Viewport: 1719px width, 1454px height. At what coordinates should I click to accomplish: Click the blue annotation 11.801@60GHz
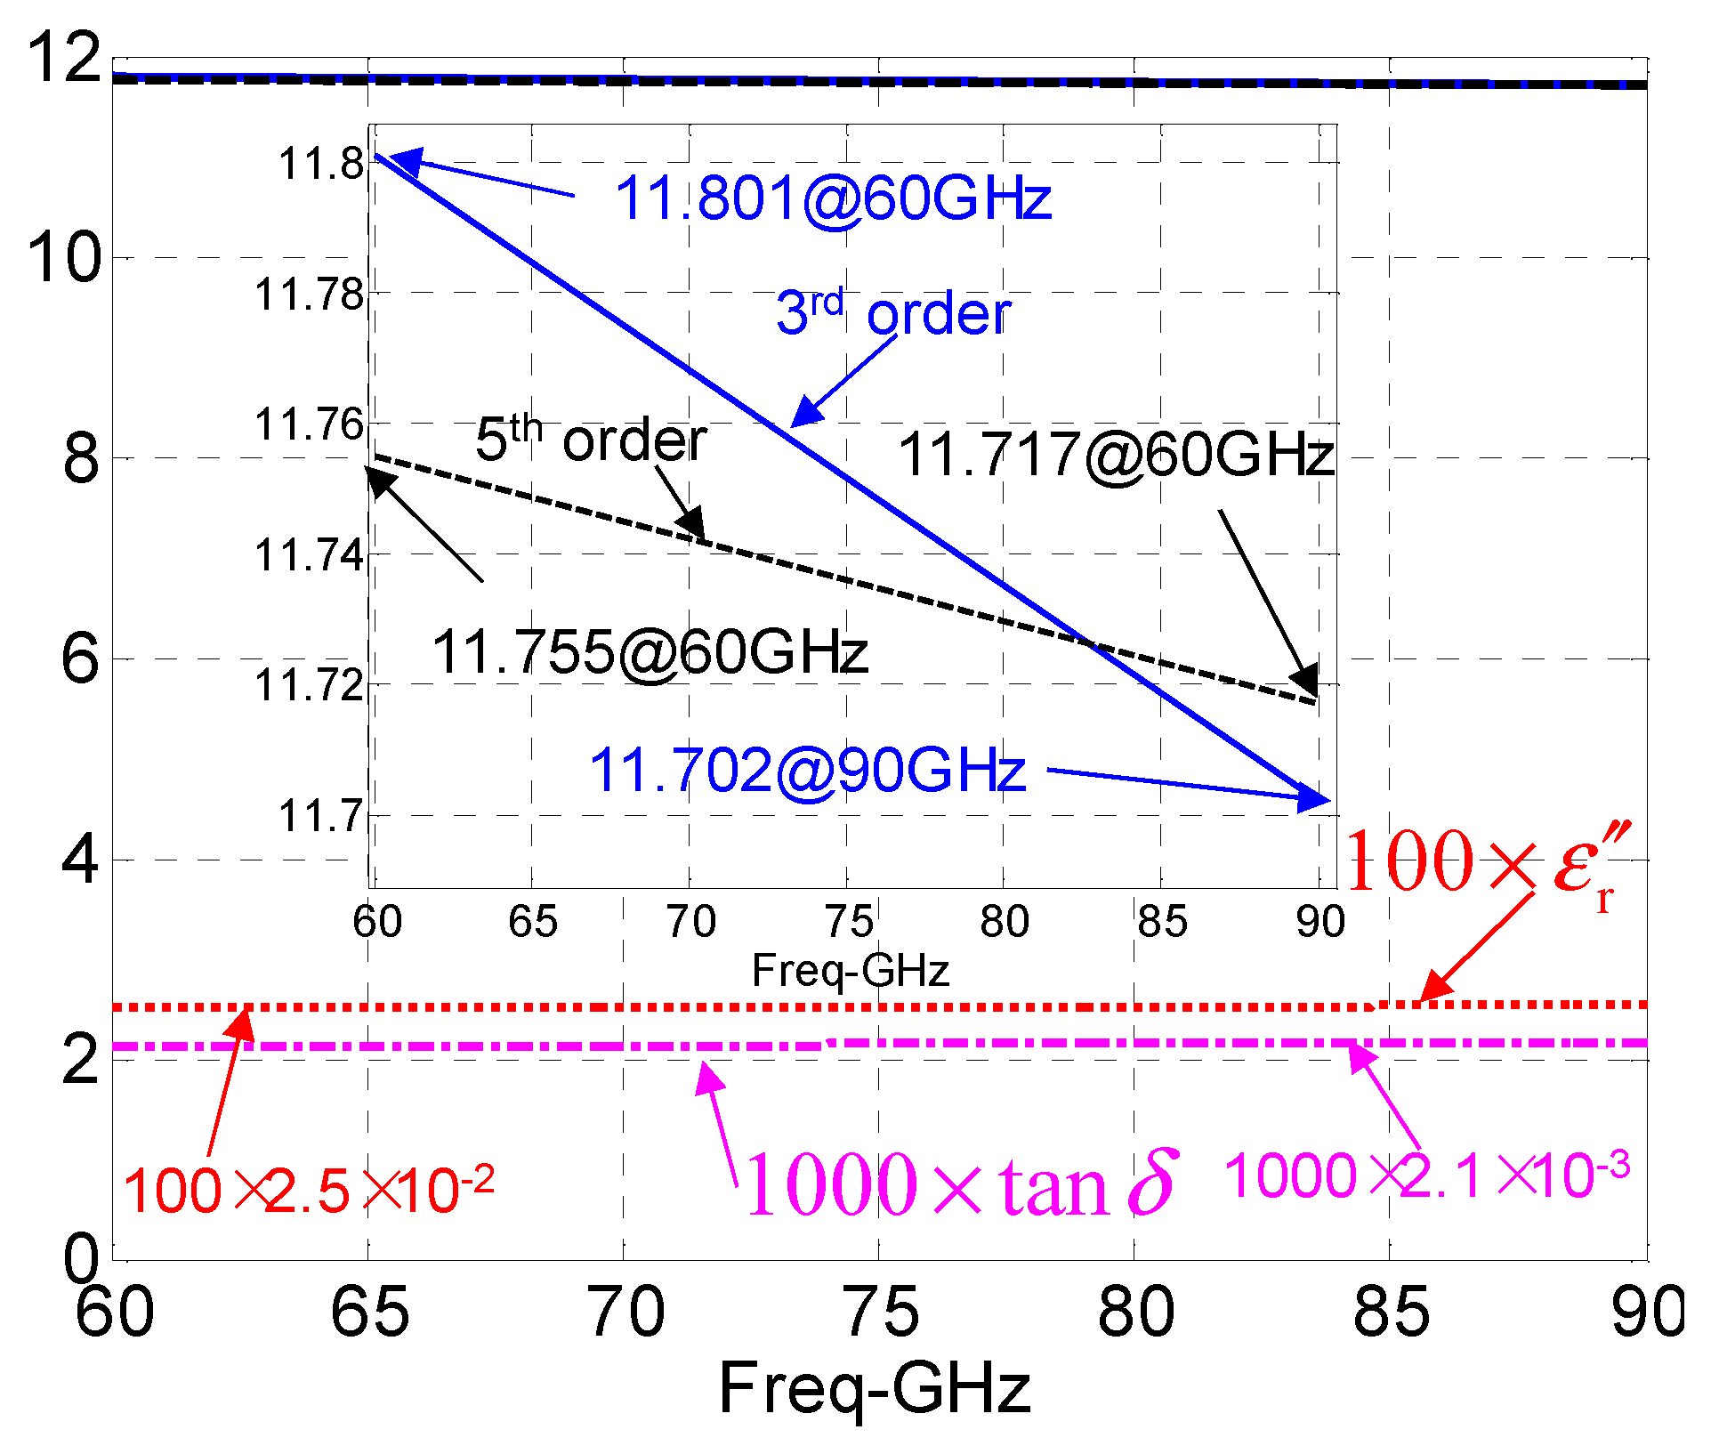tap(833, 198)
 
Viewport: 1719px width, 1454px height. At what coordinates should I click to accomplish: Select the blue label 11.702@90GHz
tap(807, 771)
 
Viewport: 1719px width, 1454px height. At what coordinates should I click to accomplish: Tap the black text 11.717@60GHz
tap(1116, 455)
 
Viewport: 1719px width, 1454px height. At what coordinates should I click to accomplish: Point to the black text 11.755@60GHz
tap(650, 652)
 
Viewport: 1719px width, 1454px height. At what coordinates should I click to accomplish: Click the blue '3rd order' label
tap(893, 313)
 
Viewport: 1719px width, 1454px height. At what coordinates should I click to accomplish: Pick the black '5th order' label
tap(591, 440)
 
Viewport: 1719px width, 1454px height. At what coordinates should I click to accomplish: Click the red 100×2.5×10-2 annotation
tap(308, 1191)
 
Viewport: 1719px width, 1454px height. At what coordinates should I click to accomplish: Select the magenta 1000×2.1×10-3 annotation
tap(1426, 1175)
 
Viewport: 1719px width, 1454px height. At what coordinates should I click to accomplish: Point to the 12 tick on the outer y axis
tap(64, 57)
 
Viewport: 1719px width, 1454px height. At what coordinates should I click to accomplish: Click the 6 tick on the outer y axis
tap(80, 659)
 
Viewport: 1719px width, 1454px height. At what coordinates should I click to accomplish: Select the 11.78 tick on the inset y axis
tap(310, 294)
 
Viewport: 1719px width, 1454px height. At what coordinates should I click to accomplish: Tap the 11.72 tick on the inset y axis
tap(310, 685)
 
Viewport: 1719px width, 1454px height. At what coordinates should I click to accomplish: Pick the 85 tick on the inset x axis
tap(1162, 922)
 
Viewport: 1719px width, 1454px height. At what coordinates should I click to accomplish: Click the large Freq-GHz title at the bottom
tap(875, 1389)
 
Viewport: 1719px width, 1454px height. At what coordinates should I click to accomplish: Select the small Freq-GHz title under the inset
tap(851, 970)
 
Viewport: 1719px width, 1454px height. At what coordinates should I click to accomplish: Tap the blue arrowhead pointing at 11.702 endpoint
tap(1316, 798)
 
